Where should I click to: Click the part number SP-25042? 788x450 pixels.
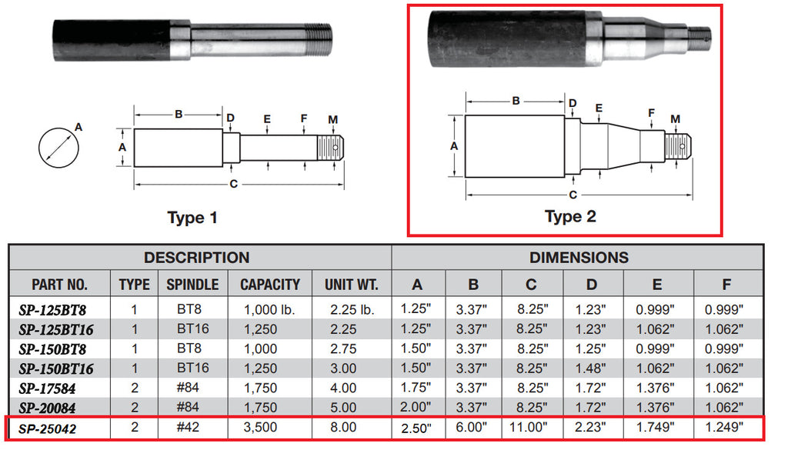[50, 427]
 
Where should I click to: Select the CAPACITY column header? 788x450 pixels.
[270, 284]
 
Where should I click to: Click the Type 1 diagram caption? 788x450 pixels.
[192, 218]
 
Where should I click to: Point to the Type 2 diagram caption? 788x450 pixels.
[570, 216]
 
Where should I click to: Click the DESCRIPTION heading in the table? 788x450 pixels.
[197, 258]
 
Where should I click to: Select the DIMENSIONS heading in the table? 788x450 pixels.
[579, 258]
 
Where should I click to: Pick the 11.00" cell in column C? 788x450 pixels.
[531, 427]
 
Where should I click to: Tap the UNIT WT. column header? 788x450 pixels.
[352, 284]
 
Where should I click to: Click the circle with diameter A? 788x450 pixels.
[57, 146]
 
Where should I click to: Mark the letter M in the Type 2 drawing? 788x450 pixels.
[675, 118]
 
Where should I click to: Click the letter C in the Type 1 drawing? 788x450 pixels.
[234, 184]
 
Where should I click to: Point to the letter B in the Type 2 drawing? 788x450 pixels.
[516, 101]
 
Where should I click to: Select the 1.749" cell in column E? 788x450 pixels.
[656, 427]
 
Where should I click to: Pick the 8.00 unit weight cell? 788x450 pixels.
[343, 427]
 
